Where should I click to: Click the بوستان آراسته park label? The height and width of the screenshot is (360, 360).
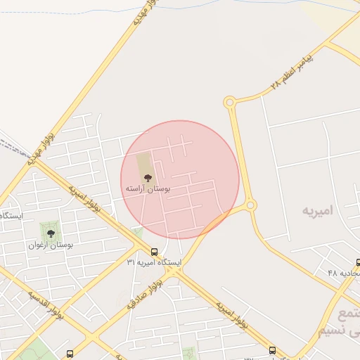pos(145,189)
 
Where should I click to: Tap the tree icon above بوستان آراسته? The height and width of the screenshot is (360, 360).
pos(147,179)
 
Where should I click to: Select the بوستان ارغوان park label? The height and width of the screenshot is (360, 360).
pos(51,245)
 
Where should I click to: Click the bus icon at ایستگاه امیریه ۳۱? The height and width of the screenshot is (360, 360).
pos(154,252)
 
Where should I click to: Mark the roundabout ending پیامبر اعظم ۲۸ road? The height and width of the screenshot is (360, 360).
pos(229,103)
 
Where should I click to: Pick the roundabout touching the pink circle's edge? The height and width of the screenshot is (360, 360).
pos(250,206)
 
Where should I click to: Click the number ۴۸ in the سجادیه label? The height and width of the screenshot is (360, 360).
pos(333,272)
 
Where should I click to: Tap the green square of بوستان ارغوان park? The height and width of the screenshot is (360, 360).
pos(50,231)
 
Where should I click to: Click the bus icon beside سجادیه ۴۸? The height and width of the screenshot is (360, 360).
pos(358,262)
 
